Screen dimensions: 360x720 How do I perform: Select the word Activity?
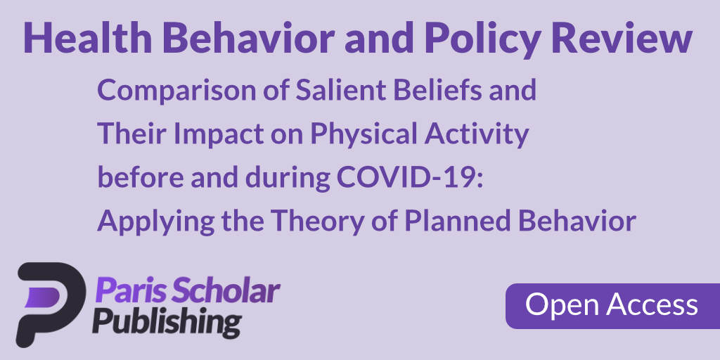(x=481, y=134)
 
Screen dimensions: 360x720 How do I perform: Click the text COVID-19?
(x=408, y=177)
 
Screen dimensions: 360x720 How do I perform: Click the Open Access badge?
(x=612, y=305)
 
